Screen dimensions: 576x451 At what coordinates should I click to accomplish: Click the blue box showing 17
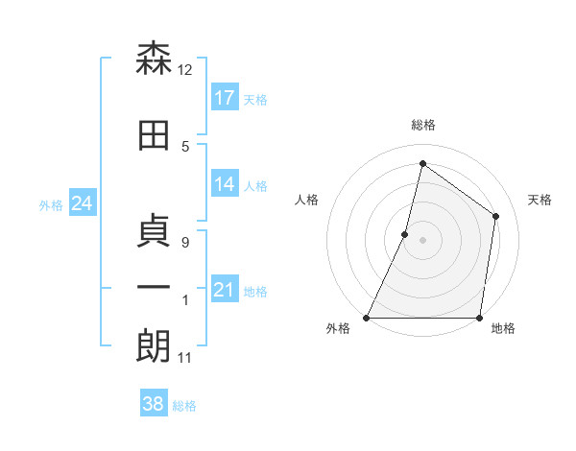click(x=225, y=98)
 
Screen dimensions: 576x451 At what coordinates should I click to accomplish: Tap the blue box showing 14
click(x=225, y=184)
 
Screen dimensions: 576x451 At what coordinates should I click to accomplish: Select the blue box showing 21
click(x=225, y=290)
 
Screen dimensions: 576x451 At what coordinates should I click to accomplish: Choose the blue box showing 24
click(x=82, y=203)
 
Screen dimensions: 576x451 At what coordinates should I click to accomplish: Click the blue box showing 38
click(x=154, y=404)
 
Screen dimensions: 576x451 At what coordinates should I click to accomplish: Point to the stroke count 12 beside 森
click(x=185, y=70)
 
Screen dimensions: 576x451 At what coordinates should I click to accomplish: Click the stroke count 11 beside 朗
click(x=185, y=358)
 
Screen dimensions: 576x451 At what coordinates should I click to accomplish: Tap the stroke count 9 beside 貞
click(x=185, y=243)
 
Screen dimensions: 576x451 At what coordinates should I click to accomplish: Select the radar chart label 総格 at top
click(x=423, y=125)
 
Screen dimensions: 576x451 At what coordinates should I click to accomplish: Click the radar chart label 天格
click(x=540, y=200)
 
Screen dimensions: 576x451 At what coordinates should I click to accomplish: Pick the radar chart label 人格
click(x=307, y=200)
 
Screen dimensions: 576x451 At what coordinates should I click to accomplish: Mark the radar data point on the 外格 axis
click(x=367, y=318)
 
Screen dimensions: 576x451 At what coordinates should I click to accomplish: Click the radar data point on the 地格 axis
click(x=479, y=318)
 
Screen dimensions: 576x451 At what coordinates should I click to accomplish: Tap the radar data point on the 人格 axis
click(x=405, y=234)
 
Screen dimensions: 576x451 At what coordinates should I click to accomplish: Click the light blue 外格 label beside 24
click(x=51, y=204)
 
